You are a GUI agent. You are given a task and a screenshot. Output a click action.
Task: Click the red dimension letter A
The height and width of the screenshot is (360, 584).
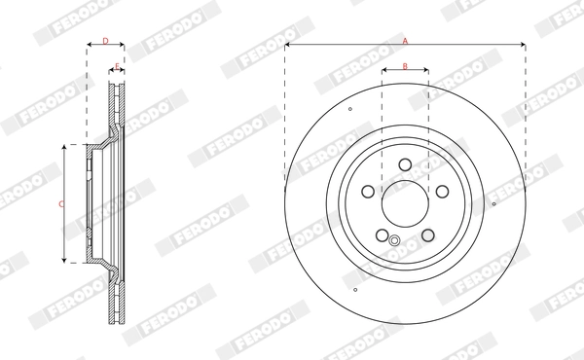coord(405,40)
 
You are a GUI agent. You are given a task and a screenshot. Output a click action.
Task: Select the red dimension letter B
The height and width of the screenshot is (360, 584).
coord(405,68)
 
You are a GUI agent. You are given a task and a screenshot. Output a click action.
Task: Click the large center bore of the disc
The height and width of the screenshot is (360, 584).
coord(405,203)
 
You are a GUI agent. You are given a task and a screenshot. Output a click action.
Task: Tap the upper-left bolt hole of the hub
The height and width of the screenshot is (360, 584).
coord(367,191)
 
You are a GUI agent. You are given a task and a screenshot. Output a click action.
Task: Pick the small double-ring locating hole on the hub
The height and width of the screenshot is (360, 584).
coord(394,241)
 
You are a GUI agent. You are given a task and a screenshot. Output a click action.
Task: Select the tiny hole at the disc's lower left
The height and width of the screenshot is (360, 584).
coord(356,289)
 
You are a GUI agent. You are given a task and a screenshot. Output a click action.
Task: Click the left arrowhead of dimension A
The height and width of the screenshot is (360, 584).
coord(288,45)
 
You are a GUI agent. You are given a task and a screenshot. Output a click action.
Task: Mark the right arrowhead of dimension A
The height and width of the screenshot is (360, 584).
coord(523,45)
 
